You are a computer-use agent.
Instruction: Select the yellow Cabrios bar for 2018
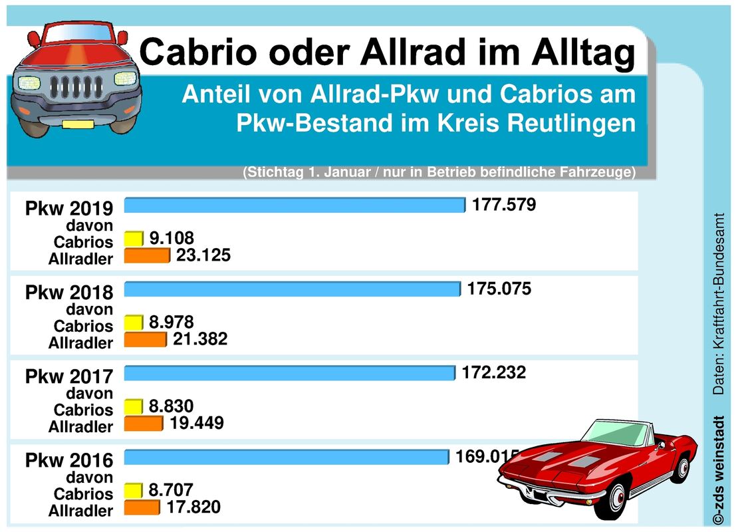[134, 323]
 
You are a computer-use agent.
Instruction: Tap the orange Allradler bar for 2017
[144, 423]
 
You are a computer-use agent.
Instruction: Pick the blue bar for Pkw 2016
[287, 458]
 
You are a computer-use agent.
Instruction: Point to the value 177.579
[504, 204]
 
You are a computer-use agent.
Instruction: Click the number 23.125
[203, 255]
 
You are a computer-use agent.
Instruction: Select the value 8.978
[171, 323]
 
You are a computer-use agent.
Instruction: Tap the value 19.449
[197, 422]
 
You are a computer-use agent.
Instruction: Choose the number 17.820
[193, 507]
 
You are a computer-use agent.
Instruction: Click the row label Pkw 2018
[69, 292]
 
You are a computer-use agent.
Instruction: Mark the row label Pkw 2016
[69, 460]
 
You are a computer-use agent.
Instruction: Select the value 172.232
[494, 372]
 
